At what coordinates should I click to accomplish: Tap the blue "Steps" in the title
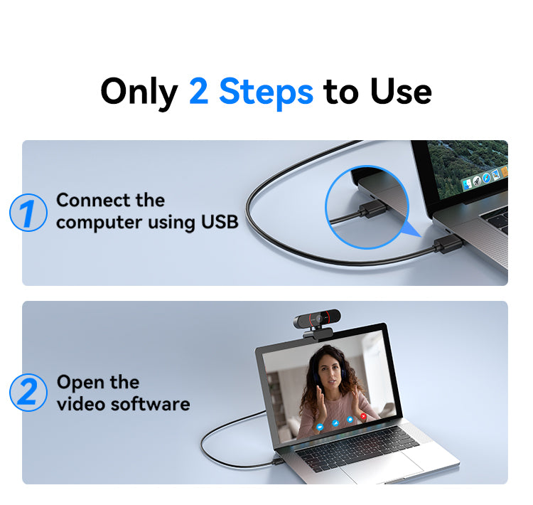pyautogui.click(x=266, y=92)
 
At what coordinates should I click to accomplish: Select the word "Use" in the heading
pyautogui.click(x=401, y=91)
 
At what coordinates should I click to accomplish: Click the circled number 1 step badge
pyautogui.click(x=28, y=213)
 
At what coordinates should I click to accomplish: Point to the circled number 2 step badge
pyautogui.click(x=28, y=393)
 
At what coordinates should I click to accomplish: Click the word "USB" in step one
pyautogui.click(x=220, y=222)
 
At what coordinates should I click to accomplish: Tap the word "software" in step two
pyautogui.click(x=151, y=404)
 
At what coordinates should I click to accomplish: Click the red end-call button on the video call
pyautogui.click(x=363, y=416)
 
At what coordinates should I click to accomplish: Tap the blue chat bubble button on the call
pyautogui.click(x=350, y=420)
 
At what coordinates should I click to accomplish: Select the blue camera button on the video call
pyautogui.click(x=320, y=426)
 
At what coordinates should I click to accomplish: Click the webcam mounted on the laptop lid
pyautogui.click(x=317, y=321)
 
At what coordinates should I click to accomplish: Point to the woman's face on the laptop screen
pyautogui.click(x=329, y=373)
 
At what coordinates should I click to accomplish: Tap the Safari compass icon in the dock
pyautogui.click(x=486, y=178)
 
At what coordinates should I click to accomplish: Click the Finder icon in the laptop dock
pyautogui.click(x=468, y=184)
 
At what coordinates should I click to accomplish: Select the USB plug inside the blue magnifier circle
pyautogui.click(x=372, y=209)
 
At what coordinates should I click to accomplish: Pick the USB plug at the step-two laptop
pyautogui.click(x=277, y=462)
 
